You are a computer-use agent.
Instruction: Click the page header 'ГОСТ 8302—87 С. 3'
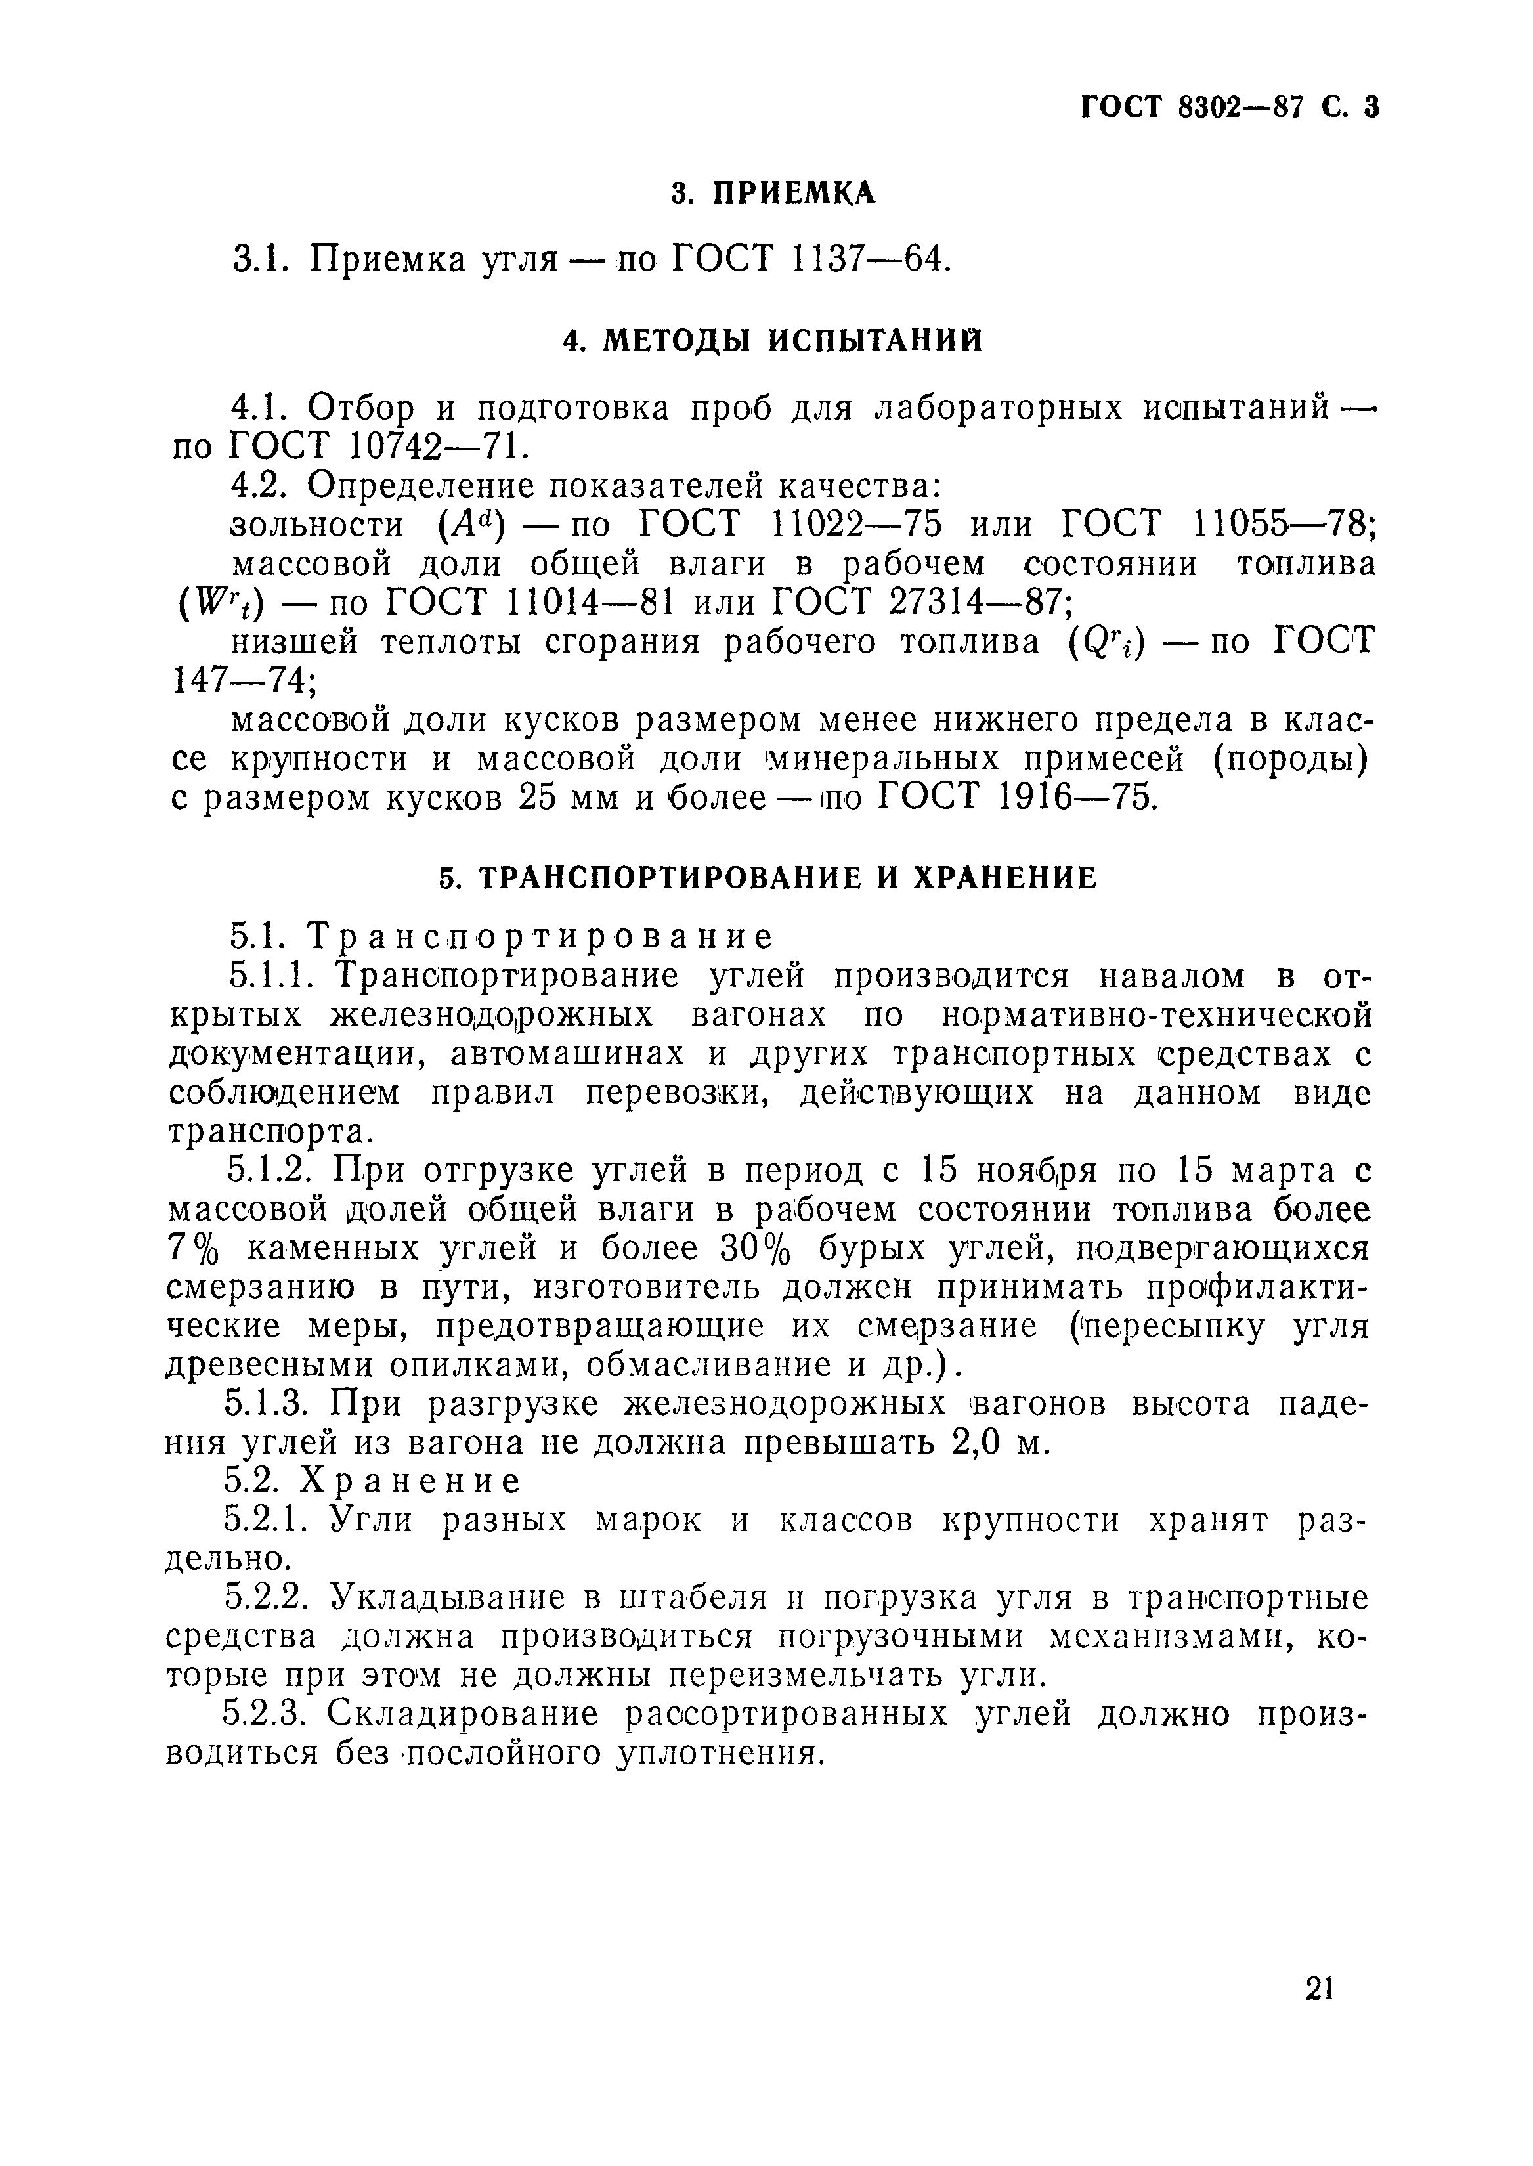point(1230,108)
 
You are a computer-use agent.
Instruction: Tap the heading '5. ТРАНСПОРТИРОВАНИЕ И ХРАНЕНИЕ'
point(769,878)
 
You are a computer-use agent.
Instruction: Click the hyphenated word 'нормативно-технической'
point(1157,1016)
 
